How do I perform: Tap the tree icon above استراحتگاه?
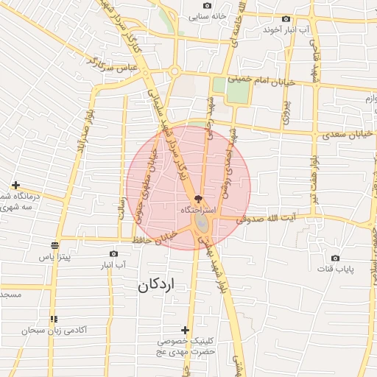coord(197,199)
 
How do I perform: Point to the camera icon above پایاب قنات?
coord(336,258)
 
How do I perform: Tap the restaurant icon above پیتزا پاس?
coord(54,245)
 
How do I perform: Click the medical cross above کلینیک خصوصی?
coord(185,330)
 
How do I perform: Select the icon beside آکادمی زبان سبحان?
coord(53,320)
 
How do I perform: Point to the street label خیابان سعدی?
coord(345,135)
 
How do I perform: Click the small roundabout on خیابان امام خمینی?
coord(175,72)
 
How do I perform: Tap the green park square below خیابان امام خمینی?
coord(238,92)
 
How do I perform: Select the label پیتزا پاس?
coord(54,257)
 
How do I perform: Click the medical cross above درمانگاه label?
coord(15,185)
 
